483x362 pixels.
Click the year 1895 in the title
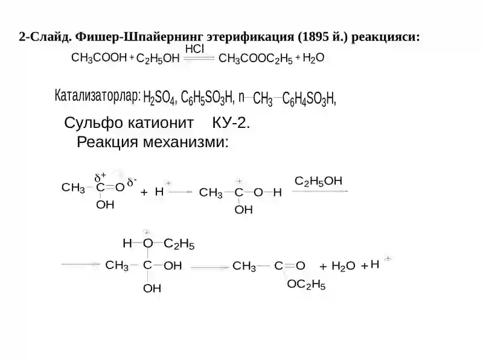[x=313, y=37]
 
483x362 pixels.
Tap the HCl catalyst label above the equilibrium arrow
[x=194, y=49]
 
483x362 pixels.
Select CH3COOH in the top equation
[x=99, y=58]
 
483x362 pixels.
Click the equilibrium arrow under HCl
[x=199, y=58]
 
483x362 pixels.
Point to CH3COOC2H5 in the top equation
[x=255, y=59]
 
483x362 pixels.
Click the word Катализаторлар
[x=98, y=96]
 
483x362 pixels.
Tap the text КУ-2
[x=231, y=123]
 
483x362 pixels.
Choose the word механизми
[x=186, y=142]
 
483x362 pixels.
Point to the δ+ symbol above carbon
[x=100, y=177]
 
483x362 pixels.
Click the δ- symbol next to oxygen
[x=132, y=182]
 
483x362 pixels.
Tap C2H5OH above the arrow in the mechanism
[x=318, y=181]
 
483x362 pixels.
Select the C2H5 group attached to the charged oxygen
[x=179, y=244]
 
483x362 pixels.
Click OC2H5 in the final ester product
[x=306, y=284]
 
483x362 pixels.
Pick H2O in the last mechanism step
[x=343, y=265]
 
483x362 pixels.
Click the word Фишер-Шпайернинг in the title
[x=139, y=37]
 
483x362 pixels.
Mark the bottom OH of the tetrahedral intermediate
[x=152, y=288]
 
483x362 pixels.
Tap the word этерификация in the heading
[x=251, y=37]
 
